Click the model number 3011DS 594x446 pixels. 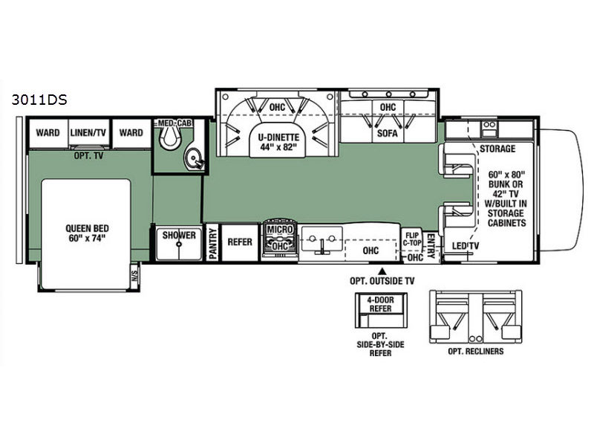pos(39,100)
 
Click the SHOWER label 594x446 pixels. pos(179,235)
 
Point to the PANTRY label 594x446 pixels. pos(213,243)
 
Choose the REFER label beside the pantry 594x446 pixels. pos(240,242)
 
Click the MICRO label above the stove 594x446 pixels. pos(280,230)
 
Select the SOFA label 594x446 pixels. pos(388,134)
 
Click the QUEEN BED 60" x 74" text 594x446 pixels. pos(87,233)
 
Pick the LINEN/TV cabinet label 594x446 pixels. pos(88,133)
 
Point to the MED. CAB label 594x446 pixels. pos(175,123)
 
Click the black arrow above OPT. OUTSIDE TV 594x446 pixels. pos(382,271)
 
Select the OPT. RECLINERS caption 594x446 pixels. pos(476,352)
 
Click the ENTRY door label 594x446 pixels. pos(431,246)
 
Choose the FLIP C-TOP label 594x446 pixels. pos(412,239)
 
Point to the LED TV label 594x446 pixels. pos(466,246)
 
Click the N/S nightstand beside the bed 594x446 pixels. pos(134,274)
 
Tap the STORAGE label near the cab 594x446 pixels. pos(497,149)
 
